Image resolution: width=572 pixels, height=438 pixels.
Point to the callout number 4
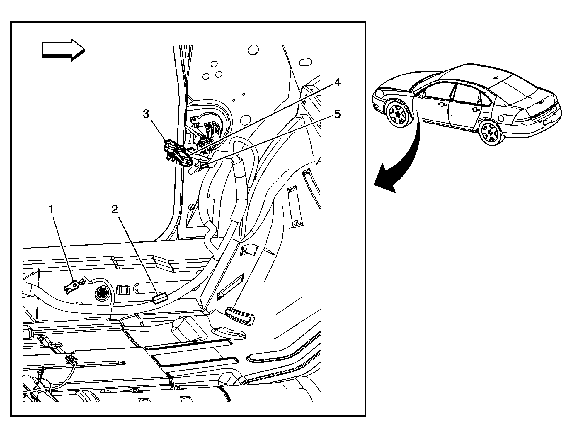[337, 82]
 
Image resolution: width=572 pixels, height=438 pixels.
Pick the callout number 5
[337, 114]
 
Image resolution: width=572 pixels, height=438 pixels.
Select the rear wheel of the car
[490, 133]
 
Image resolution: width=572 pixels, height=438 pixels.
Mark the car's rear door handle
[473, 109]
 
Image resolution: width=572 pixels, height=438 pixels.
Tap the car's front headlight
[379, 92]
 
